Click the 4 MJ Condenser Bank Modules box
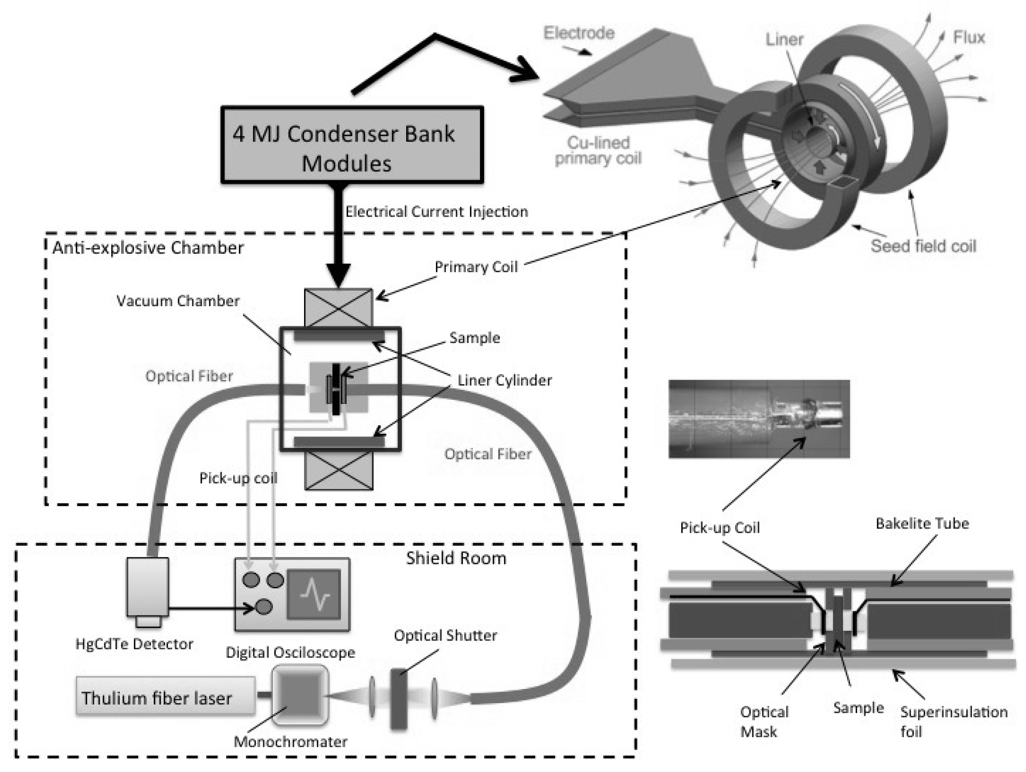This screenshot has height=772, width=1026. click(x=352, y=145)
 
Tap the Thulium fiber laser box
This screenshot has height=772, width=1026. click(x=166, y=695)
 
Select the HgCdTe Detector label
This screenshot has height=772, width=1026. click(x=134, y=644)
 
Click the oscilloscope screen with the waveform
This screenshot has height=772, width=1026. click(x=314, y=594)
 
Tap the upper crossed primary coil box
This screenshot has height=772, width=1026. click(x=338, y=308)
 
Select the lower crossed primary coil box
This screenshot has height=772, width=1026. click(x=339, y=470)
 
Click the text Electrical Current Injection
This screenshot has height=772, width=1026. click(x=436, y=212)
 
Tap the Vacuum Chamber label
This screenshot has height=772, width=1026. click(x=178, y=301)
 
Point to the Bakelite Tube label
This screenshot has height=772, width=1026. click(x=922, y=523)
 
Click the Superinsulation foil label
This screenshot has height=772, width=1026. click(x=954, y=721)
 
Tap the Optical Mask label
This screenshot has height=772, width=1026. click(x=764, y=721)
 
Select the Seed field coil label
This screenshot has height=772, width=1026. click(x=923, y=246)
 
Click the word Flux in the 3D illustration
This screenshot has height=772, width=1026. click(x=969, y=37)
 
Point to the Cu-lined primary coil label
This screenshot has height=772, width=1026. click(x=598, y=150)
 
